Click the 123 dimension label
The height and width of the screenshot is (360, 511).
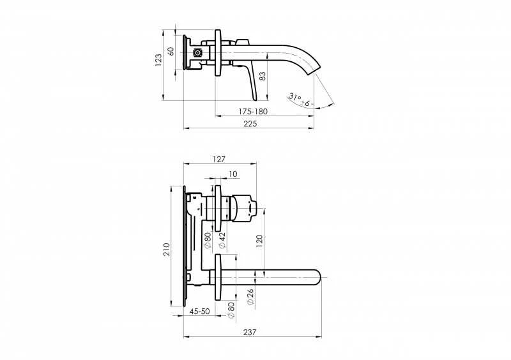[x=158, y=60]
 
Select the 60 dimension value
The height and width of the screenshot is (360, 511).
[x=171, y=51]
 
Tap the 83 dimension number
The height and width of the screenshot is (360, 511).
[x=263, y=76]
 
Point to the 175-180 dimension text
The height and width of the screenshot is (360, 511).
[x=253, y=112]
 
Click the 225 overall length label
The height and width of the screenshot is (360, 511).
[x=250, y=124]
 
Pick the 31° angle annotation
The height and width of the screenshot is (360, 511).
[x=294, y=98]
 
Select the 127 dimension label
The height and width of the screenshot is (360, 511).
[x=218, y=160]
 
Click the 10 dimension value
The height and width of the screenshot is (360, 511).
[x=233, y=174]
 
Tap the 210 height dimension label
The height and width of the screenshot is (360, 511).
[x=167, y=249]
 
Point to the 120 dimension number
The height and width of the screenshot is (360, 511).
[x=259, y=241]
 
